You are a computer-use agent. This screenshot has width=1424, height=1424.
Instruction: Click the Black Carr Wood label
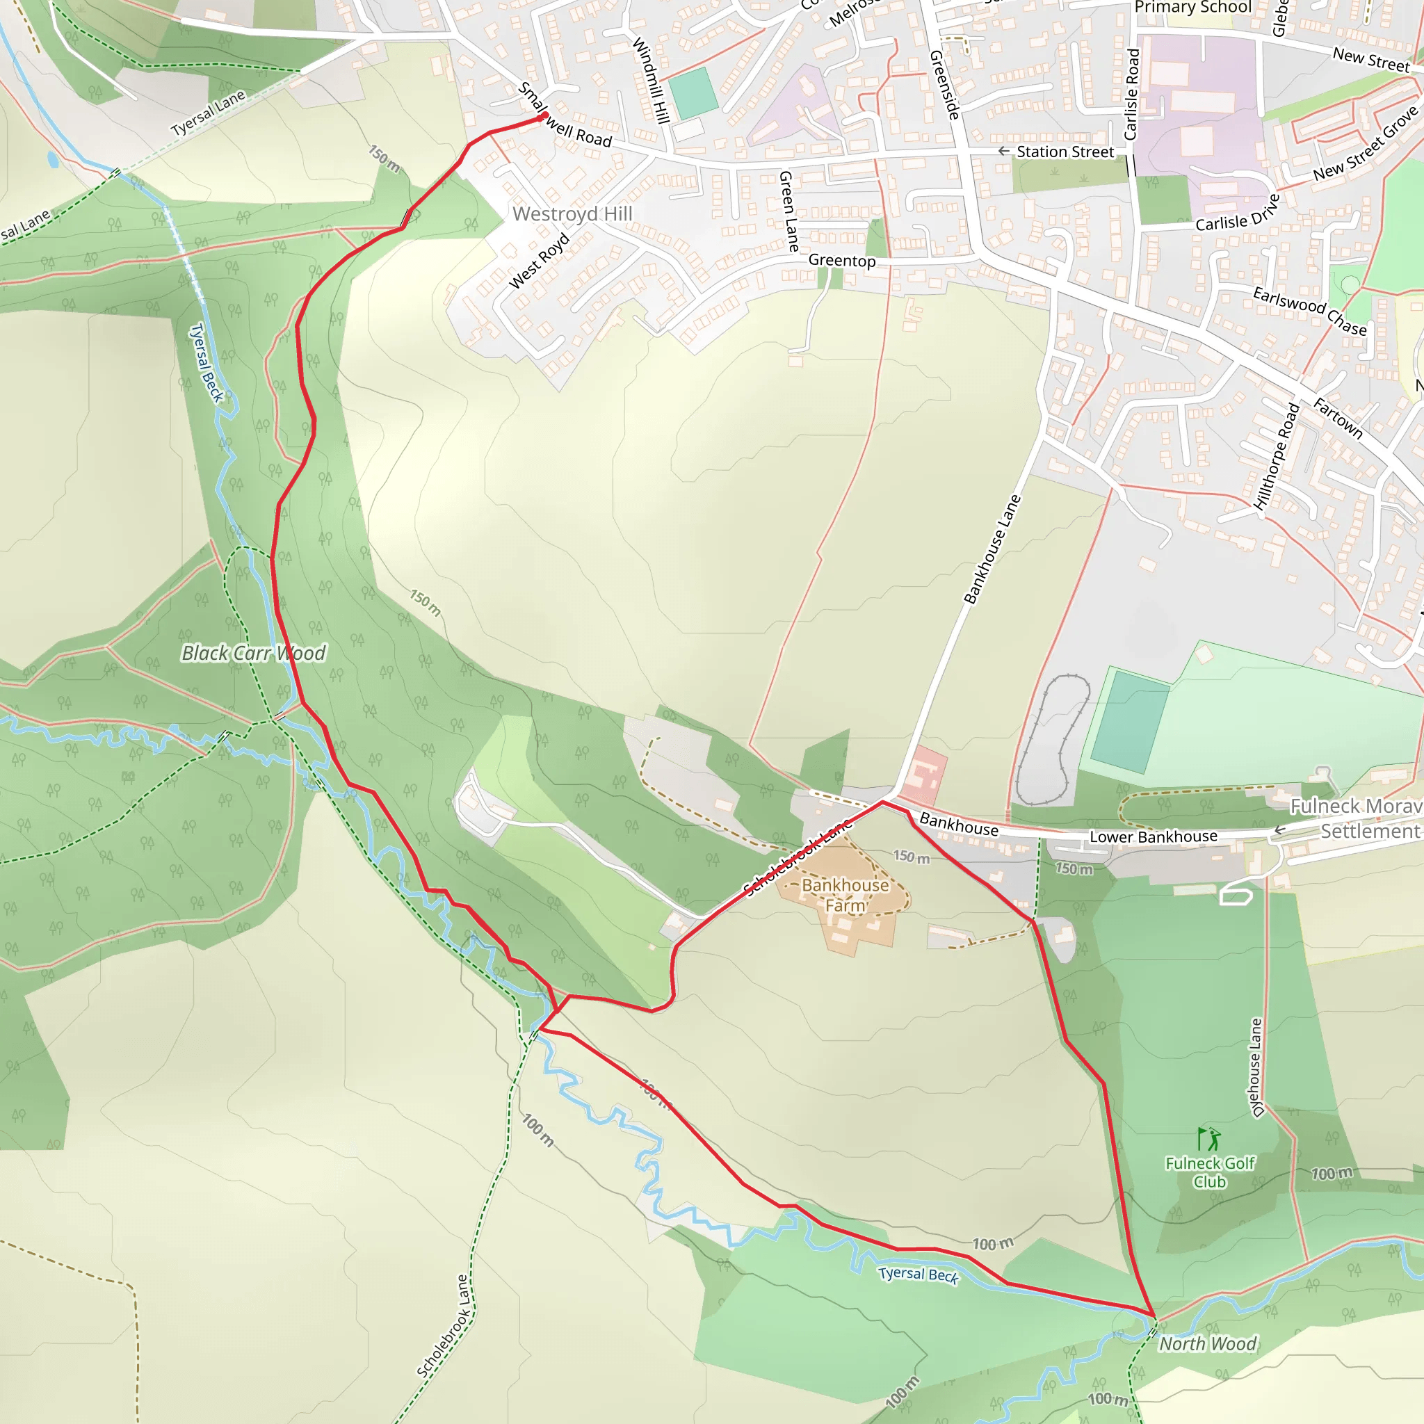pos(253,653)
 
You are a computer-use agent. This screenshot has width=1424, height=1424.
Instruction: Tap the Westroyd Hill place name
pos(572,213)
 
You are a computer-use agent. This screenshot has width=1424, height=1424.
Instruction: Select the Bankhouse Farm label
pos(845,895)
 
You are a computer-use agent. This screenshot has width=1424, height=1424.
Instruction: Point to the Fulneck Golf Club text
pos(1210,1172)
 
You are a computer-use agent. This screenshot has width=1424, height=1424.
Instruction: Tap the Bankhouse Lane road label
pos(992,549)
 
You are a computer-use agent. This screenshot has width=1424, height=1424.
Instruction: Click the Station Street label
pos(1065,152)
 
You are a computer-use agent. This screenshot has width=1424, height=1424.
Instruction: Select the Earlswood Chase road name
pos(1310,311)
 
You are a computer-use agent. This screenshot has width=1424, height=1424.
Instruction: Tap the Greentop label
pos(842,260)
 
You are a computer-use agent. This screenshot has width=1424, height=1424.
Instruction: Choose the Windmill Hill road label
pos(652,81)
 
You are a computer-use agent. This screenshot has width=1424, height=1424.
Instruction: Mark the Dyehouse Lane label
pos(1256,1067)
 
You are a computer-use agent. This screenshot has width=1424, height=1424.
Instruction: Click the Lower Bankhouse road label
pos(1153,836)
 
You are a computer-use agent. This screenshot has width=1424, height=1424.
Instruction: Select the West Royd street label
pos(540,261)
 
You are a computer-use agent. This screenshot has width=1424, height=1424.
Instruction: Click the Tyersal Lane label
pos(208,113)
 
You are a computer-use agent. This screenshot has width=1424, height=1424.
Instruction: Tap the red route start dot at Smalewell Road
pos(544,115)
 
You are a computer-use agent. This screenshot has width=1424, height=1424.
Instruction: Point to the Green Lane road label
pos(788,211)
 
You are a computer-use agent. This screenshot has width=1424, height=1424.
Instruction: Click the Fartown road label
pos(1338,418)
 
